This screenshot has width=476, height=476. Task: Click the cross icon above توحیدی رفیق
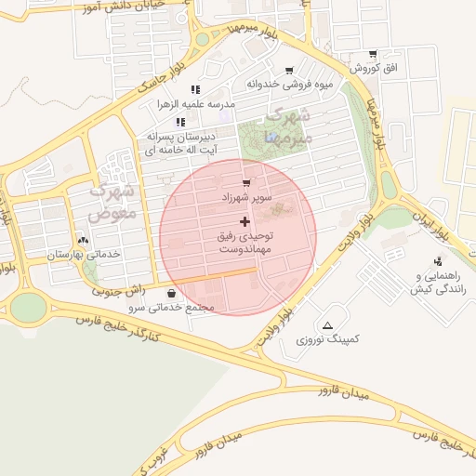point(245,221)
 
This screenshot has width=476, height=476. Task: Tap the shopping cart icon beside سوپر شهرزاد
point(245,183)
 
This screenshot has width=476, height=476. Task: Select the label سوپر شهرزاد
point(246,198)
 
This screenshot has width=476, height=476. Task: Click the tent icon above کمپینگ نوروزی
point(327,325)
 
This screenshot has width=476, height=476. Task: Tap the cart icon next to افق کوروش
point(373,54)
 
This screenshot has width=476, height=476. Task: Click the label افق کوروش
point(373,69)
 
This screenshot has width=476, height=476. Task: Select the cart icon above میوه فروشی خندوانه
point(289,70)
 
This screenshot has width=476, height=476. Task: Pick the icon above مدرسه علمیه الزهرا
point(195,89)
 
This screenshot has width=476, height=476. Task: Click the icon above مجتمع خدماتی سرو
point(170,293)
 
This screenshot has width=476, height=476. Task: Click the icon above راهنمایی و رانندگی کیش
point(438,261)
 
